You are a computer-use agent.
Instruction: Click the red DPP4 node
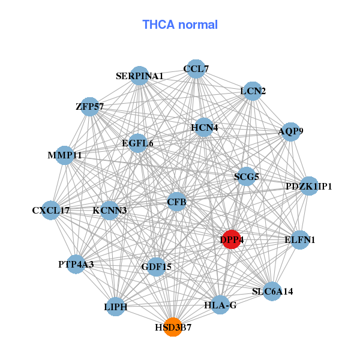(231, 239)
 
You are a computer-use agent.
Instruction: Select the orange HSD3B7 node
(173, 327)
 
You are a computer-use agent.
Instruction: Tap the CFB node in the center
(177, 202)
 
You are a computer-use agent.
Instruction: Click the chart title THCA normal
(180, 25)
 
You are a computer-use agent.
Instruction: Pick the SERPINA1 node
(140, 76)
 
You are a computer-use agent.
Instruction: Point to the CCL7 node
(196, 69)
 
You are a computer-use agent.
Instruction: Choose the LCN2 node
(253, 91)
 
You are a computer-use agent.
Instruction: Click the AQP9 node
(290, 131)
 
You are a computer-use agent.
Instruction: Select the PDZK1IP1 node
(309, 186)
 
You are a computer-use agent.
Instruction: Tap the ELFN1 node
(299, 240)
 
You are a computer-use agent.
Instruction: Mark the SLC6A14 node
(272, 292)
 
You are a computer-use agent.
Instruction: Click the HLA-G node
(220, 305)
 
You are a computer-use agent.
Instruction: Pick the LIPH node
(116, 307)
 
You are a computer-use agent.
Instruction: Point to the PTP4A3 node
(76, 264)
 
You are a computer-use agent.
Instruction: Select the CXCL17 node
(52, 211)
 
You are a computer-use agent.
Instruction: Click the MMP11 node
(65, 155)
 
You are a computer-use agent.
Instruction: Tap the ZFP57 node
(90, 107)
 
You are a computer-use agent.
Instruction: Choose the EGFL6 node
(138, 143)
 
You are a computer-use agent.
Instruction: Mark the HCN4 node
(205, 127)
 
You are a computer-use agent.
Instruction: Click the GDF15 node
(157, 266)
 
